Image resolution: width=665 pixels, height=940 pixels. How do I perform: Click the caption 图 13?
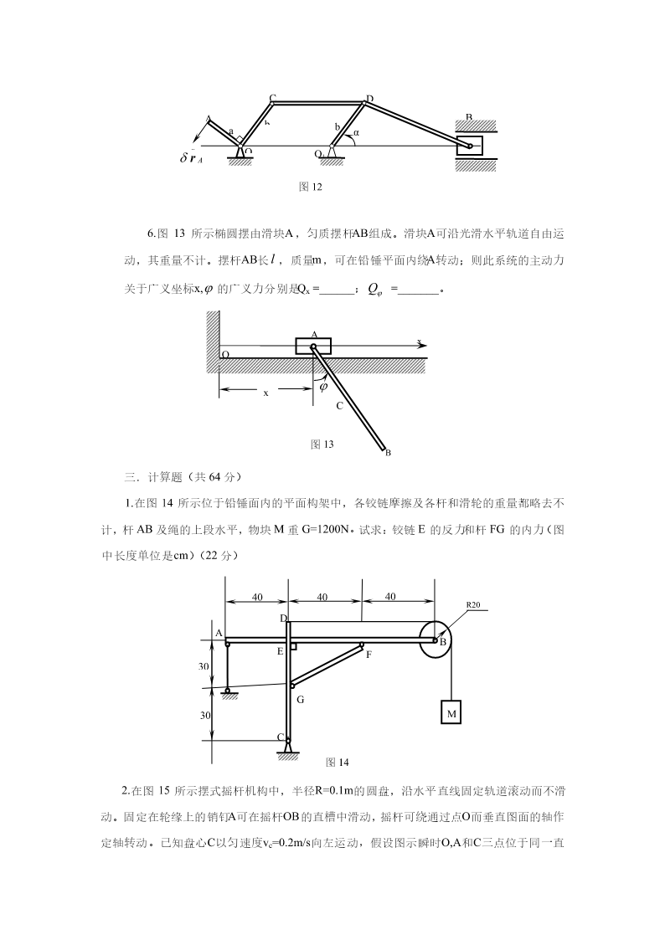point(322,444)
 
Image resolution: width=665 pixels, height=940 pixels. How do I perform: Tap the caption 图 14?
point(337,762)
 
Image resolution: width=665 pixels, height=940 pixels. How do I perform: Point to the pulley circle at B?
point(435,640)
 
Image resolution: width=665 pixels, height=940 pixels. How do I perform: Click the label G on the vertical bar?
point(300,698)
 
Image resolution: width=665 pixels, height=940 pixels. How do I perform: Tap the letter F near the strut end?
point(369,655)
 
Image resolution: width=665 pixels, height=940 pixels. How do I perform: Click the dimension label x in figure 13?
point(265,392)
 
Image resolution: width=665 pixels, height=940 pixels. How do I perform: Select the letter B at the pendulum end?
point(388,453)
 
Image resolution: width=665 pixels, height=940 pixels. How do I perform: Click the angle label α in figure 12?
point(356,132)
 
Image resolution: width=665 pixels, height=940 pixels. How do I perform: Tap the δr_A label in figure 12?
point(192,157)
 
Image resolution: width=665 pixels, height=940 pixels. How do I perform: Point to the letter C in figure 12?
point(272,98)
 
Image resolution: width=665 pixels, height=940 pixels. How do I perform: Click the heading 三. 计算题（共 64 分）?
point(183,477)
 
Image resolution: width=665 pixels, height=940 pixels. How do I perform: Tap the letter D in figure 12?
point(369,99)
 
